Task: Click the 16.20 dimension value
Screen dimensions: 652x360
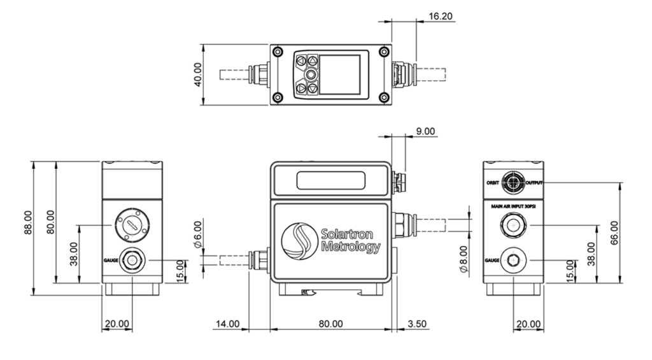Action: [x=441, y=16]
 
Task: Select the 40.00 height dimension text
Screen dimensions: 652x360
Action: [x=198, y=75]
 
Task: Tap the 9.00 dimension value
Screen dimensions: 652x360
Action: [x=425, y=131]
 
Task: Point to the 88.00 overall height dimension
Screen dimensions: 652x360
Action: [x=28, y=222]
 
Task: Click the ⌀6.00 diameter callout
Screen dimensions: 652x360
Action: [x=198, y=234]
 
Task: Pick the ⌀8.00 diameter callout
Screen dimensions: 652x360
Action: [x=464, y=259]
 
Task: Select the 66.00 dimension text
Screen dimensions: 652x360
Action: [x=614, y=233]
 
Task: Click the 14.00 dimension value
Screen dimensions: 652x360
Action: [x=227, y=324]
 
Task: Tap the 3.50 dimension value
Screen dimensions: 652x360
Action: [x=417, y=324]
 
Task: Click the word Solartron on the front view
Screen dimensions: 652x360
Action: [x=347, y=234]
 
